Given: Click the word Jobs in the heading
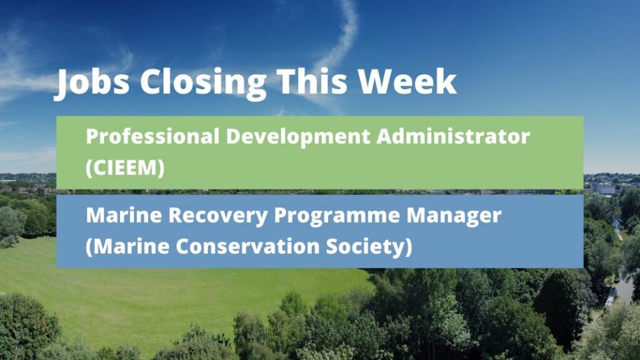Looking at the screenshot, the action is point(92,83).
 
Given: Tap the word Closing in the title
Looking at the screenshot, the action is point(203,83).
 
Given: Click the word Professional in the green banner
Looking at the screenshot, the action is point(153,136).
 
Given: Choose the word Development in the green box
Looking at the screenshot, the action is point(298,137).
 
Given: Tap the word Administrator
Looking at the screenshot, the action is point(453,136).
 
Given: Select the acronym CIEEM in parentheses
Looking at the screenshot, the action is point(125,167).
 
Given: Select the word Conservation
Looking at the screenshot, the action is point(247,246).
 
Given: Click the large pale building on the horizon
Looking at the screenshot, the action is point(602,189).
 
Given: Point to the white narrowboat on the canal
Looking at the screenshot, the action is point(610,297).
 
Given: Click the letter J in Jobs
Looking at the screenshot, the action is point(62,84).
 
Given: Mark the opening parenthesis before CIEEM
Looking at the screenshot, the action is point(89,167).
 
